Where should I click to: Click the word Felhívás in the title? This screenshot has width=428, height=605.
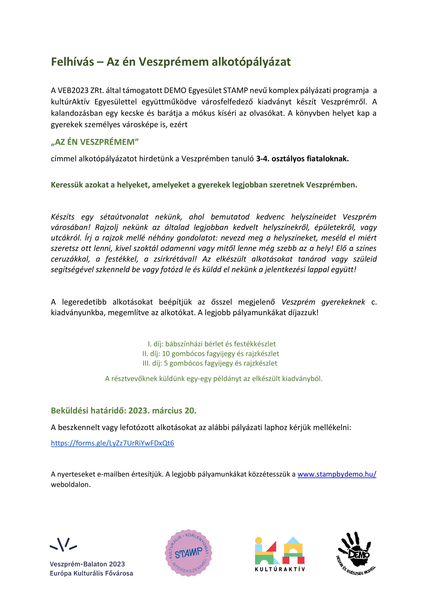[x=72, y=62]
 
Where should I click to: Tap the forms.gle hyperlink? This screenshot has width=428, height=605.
[x=113, y=443]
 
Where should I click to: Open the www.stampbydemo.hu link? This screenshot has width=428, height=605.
[x=337, y=474]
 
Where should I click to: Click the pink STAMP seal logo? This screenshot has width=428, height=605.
[x=188, y=553]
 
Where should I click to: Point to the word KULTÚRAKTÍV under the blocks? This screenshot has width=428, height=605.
[x=280, y=569]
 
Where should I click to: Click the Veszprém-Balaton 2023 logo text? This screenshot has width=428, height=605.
[x=87, y=564]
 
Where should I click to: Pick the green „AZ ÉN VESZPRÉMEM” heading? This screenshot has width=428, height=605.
[x=95, y=142]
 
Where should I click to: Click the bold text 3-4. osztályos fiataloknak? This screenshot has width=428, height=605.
[x=302, y=159]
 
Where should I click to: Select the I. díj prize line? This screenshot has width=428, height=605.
[x=212, y=344]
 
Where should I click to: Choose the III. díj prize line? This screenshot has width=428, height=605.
[x=210, y=363]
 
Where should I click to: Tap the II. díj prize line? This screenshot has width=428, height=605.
[x=211, y=354]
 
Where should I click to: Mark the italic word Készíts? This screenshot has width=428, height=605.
[x=63, y=217]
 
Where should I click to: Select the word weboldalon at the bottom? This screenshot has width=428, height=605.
[x=71, y=484]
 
